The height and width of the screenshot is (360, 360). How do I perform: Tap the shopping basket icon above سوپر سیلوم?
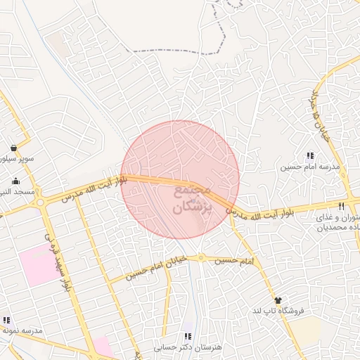click(x=15, y=148)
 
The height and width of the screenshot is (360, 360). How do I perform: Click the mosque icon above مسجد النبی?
click(x=15, y=181)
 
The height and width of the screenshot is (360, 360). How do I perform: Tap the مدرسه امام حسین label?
click(x=310, y=167)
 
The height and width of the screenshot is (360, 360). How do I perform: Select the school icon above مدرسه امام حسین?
click(x=310, y=156)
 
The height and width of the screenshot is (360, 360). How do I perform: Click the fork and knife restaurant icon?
click(x=341, y=206)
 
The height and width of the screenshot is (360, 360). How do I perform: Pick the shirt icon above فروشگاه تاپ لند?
click(x=278, y=300)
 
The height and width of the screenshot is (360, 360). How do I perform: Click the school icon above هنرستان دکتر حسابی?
click(x=187, y=337)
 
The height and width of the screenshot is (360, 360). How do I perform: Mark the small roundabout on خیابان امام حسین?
click(x=201, y=259)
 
